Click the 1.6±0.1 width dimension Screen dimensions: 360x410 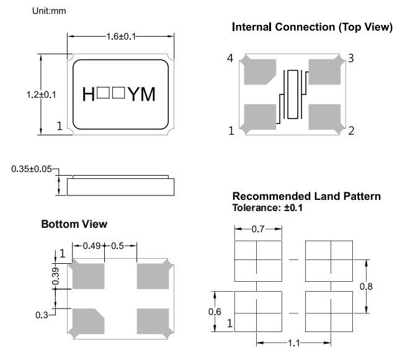click(119, 37)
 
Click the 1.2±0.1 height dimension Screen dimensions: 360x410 click(42, 95)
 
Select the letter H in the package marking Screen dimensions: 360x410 click(89, 94)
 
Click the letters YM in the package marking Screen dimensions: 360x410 click(142, 94)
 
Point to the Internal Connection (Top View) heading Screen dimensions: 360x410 click(312, 27)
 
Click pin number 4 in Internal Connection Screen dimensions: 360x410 click(231, 59)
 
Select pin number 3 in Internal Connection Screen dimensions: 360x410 click(350, 59)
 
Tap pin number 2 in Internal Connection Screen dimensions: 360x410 click(350, 130)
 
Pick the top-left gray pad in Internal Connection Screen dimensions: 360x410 click(260, 71)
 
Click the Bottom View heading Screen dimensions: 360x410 click(74, 223)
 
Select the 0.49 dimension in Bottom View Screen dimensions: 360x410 click(92, 246)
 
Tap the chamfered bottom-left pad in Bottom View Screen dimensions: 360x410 click(89, 320)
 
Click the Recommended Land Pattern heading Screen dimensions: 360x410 click(306, 197)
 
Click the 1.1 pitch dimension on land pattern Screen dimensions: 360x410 click(294, 343)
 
